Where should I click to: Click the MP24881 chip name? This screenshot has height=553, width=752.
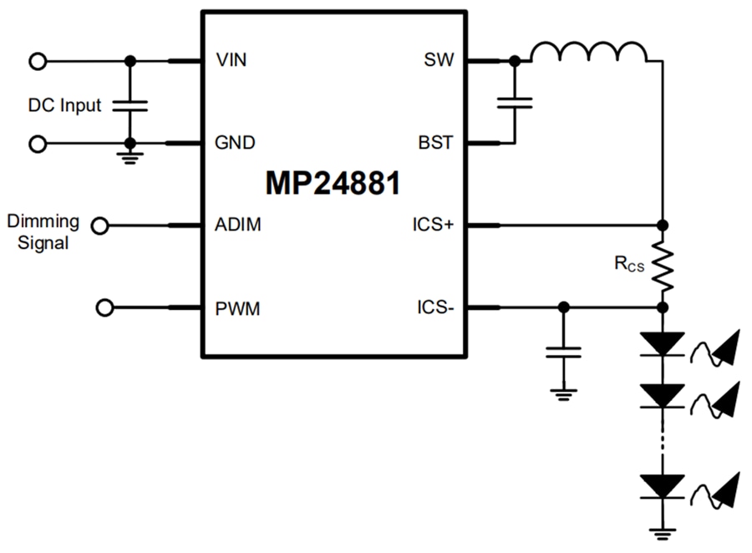[x=333, y=185]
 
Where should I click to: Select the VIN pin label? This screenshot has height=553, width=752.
[x=231, y=61]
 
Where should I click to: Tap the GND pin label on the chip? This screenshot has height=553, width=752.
[x=235, y=143]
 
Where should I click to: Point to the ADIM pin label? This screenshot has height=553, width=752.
[x=237, y=225]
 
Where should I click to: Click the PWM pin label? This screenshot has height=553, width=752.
[x=237, y=308]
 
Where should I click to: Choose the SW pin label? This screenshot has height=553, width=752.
[x=438, y=61]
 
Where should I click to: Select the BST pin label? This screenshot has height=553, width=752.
[x=435, y=143]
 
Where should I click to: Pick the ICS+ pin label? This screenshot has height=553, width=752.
[x=432, y=225]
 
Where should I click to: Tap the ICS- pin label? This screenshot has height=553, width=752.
[x=434, y=308]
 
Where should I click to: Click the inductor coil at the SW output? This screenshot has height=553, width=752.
[x=588, y=53]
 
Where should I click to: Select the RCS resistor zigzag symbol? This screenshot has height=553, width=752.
[x=663, y=267]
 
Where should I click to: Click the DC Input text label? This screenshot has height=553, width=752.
[x=64, y=106]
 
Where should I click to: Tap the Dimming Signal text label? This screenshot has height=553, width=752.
[x=43, y=232]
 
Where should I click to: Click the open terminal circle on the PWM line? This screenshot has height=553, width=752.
[x=104, y=308]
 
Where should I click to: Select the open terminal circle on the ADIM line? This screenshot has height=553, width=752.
[x=100, y=225]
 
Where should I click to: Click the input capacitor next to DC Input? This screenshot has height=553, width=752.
[x=130, y=104]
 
